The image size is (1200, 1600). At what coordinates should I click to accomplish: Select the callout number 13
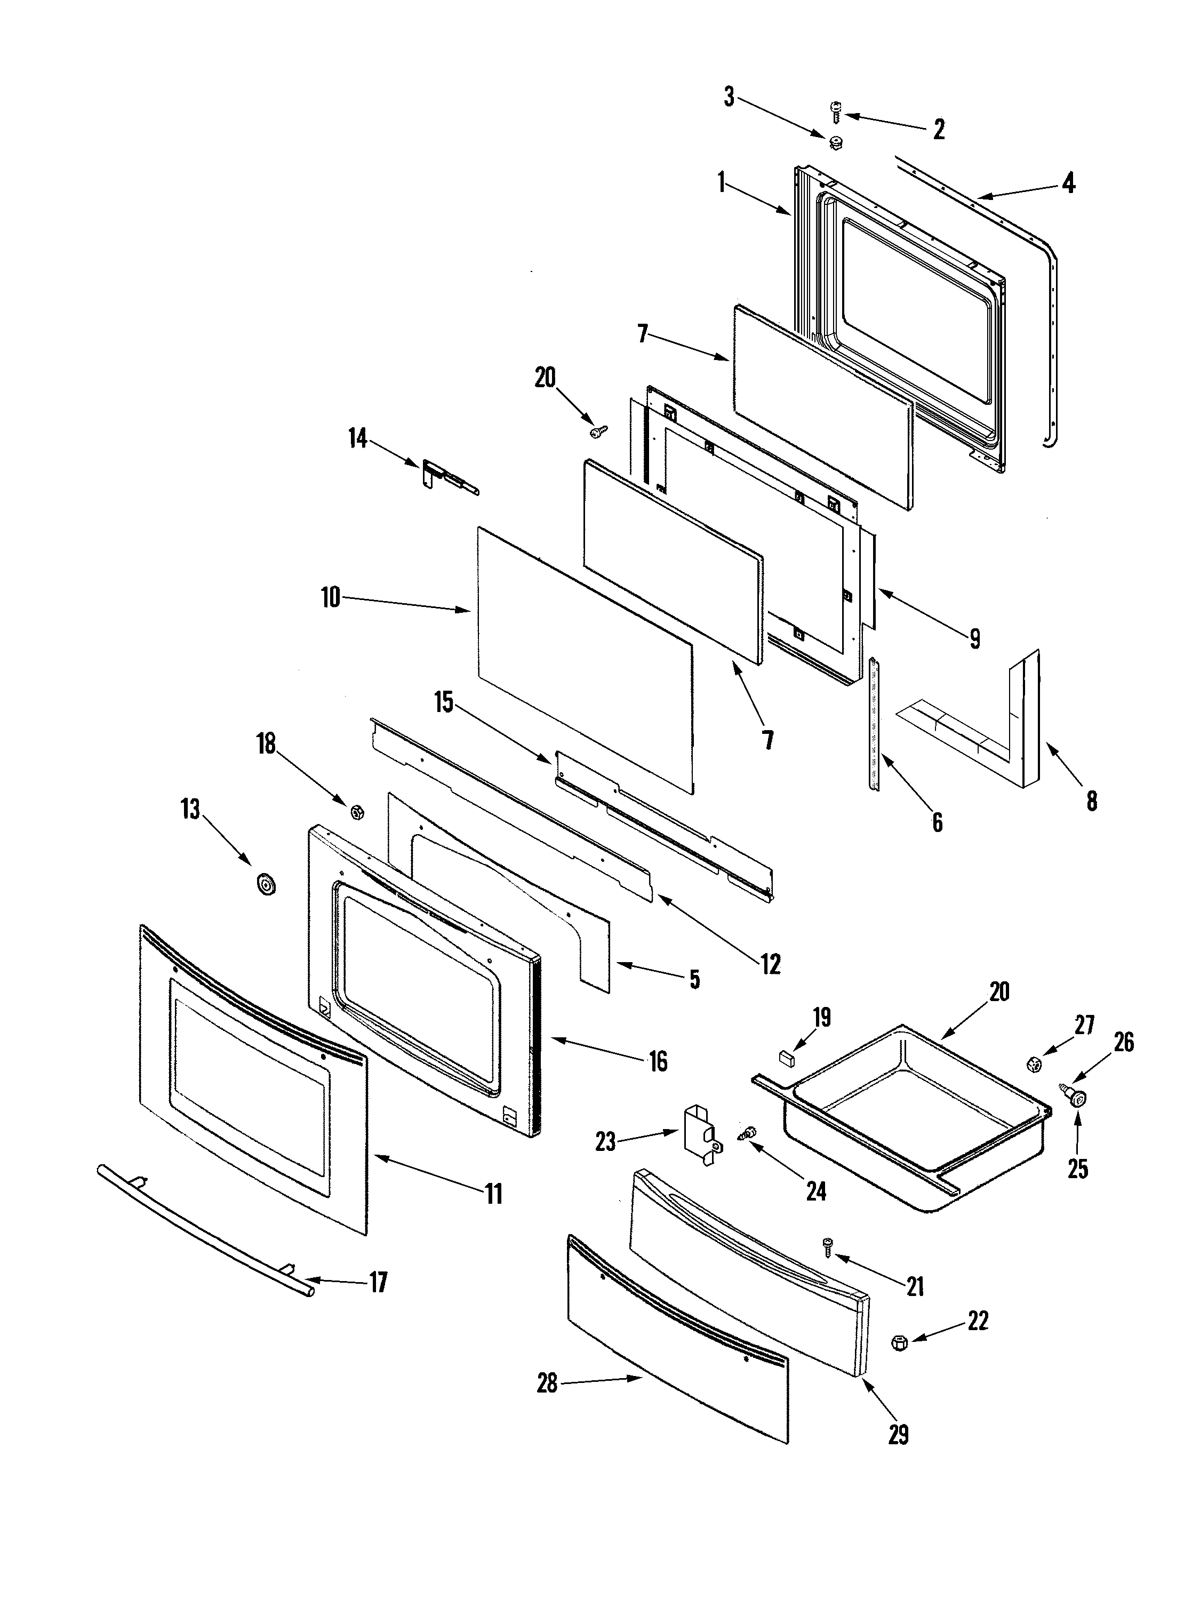(x=190, y=810)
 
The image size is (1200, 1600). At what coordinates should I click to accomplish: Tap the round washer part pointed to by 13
(x=267, y=884)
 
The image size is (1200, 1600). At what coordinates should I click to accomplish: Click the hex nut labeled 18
(x=356, y=812)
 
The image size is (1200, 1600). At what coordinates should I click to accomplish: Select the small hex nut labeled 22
(x=900, y=1343)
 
